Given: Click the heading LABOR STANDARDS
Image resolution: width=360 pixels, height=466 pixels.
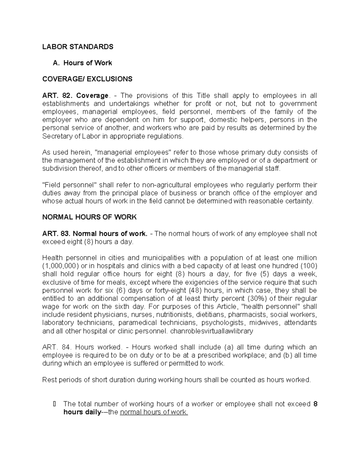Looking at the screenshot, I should [x=78, y=47].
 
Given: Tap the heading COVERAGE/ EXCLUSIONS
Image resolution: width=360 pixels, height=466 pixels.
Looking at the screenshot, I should [x=87, y=79].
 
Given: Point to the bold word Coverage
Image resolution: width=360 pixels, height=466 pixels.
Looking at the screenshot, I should [x=92, y=95].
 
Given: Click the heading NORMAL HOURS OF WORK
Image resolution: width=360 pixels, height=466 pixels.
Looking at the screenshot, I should [x=89, y=217].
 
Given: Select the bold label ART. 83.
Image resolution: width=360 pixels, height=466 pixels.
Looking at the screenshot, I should [x=56, y=233].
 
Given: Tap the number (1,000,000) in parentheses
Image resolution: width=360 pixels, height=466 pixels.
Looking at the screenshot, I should [x=61, y=266].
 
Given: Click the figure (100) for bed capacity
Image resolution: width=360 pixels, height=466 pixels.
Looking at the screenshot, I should [x=309, y=266].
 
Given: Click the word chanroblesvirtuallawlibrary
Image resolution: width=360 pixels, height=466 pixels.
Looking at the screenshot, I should [x=211, y=331].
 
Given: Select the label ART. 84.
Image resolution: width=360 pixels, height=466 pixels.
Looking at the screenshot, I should [x=56, y=347].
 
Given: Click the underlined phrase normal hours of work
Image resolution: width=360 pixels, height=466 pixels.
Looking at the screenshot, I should [x=154, y=412].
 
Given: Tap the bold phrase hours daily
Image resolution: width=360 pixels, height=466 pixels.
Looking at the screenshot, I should [x=82, y=412].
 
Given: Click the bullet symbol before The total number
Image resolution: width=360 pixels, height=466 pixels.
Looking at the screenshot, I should [x=54, y=404].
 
